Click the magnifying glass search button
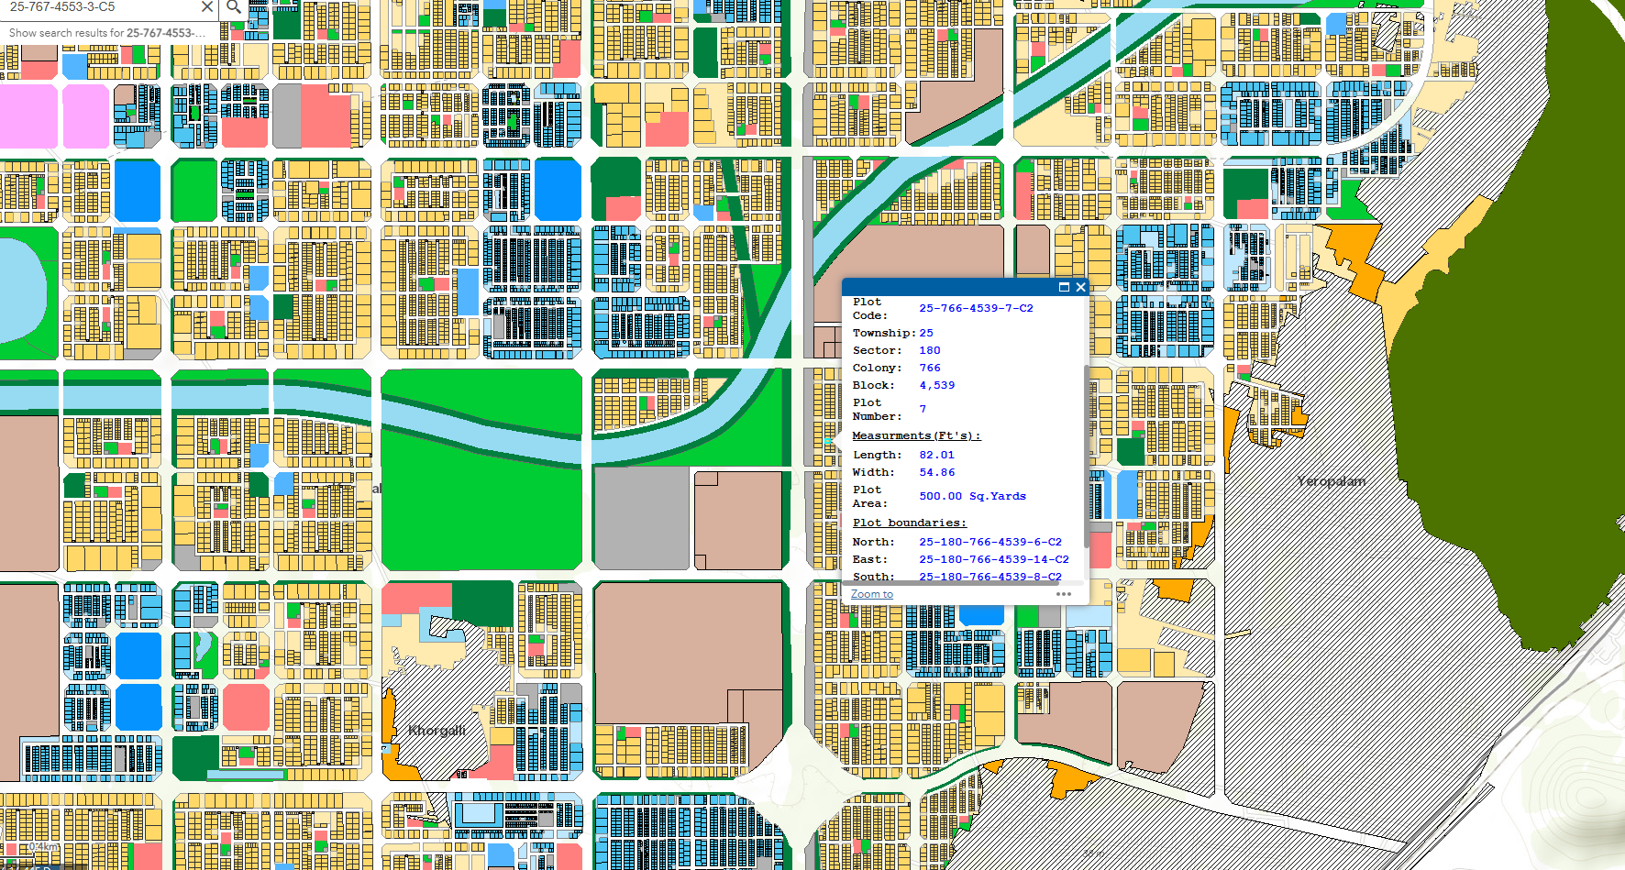(234, 7)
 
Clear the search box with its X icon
(207, 7)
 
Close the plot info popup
(1081, 287)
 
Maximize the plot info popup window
(1064, 287)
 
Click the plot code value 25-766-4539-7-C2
(976, 308)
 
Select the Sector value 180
(930, 350)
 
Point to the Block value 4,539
(936, 385)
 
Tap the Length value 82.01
(936, 455)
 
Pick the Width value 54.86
(936, 472)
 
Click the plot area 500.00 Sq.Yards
(972, 496)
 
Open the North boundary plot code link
(990, 542)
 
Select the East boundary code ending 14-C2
(994, 559)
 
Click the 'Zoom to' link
(871, 594)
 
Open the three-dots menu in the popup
(1064, 594)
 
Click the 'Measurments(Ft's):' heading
(916, 435)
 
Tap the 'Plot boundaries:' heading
(909, 523)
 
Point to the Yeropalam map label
(1331, 481)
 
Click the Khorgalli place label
(437, 731)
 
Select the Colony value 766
(930, 368)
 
